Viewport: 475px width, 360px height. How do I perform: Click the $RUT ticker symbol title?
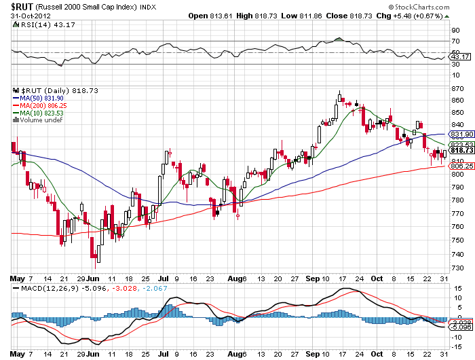[x=24, y=5]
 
